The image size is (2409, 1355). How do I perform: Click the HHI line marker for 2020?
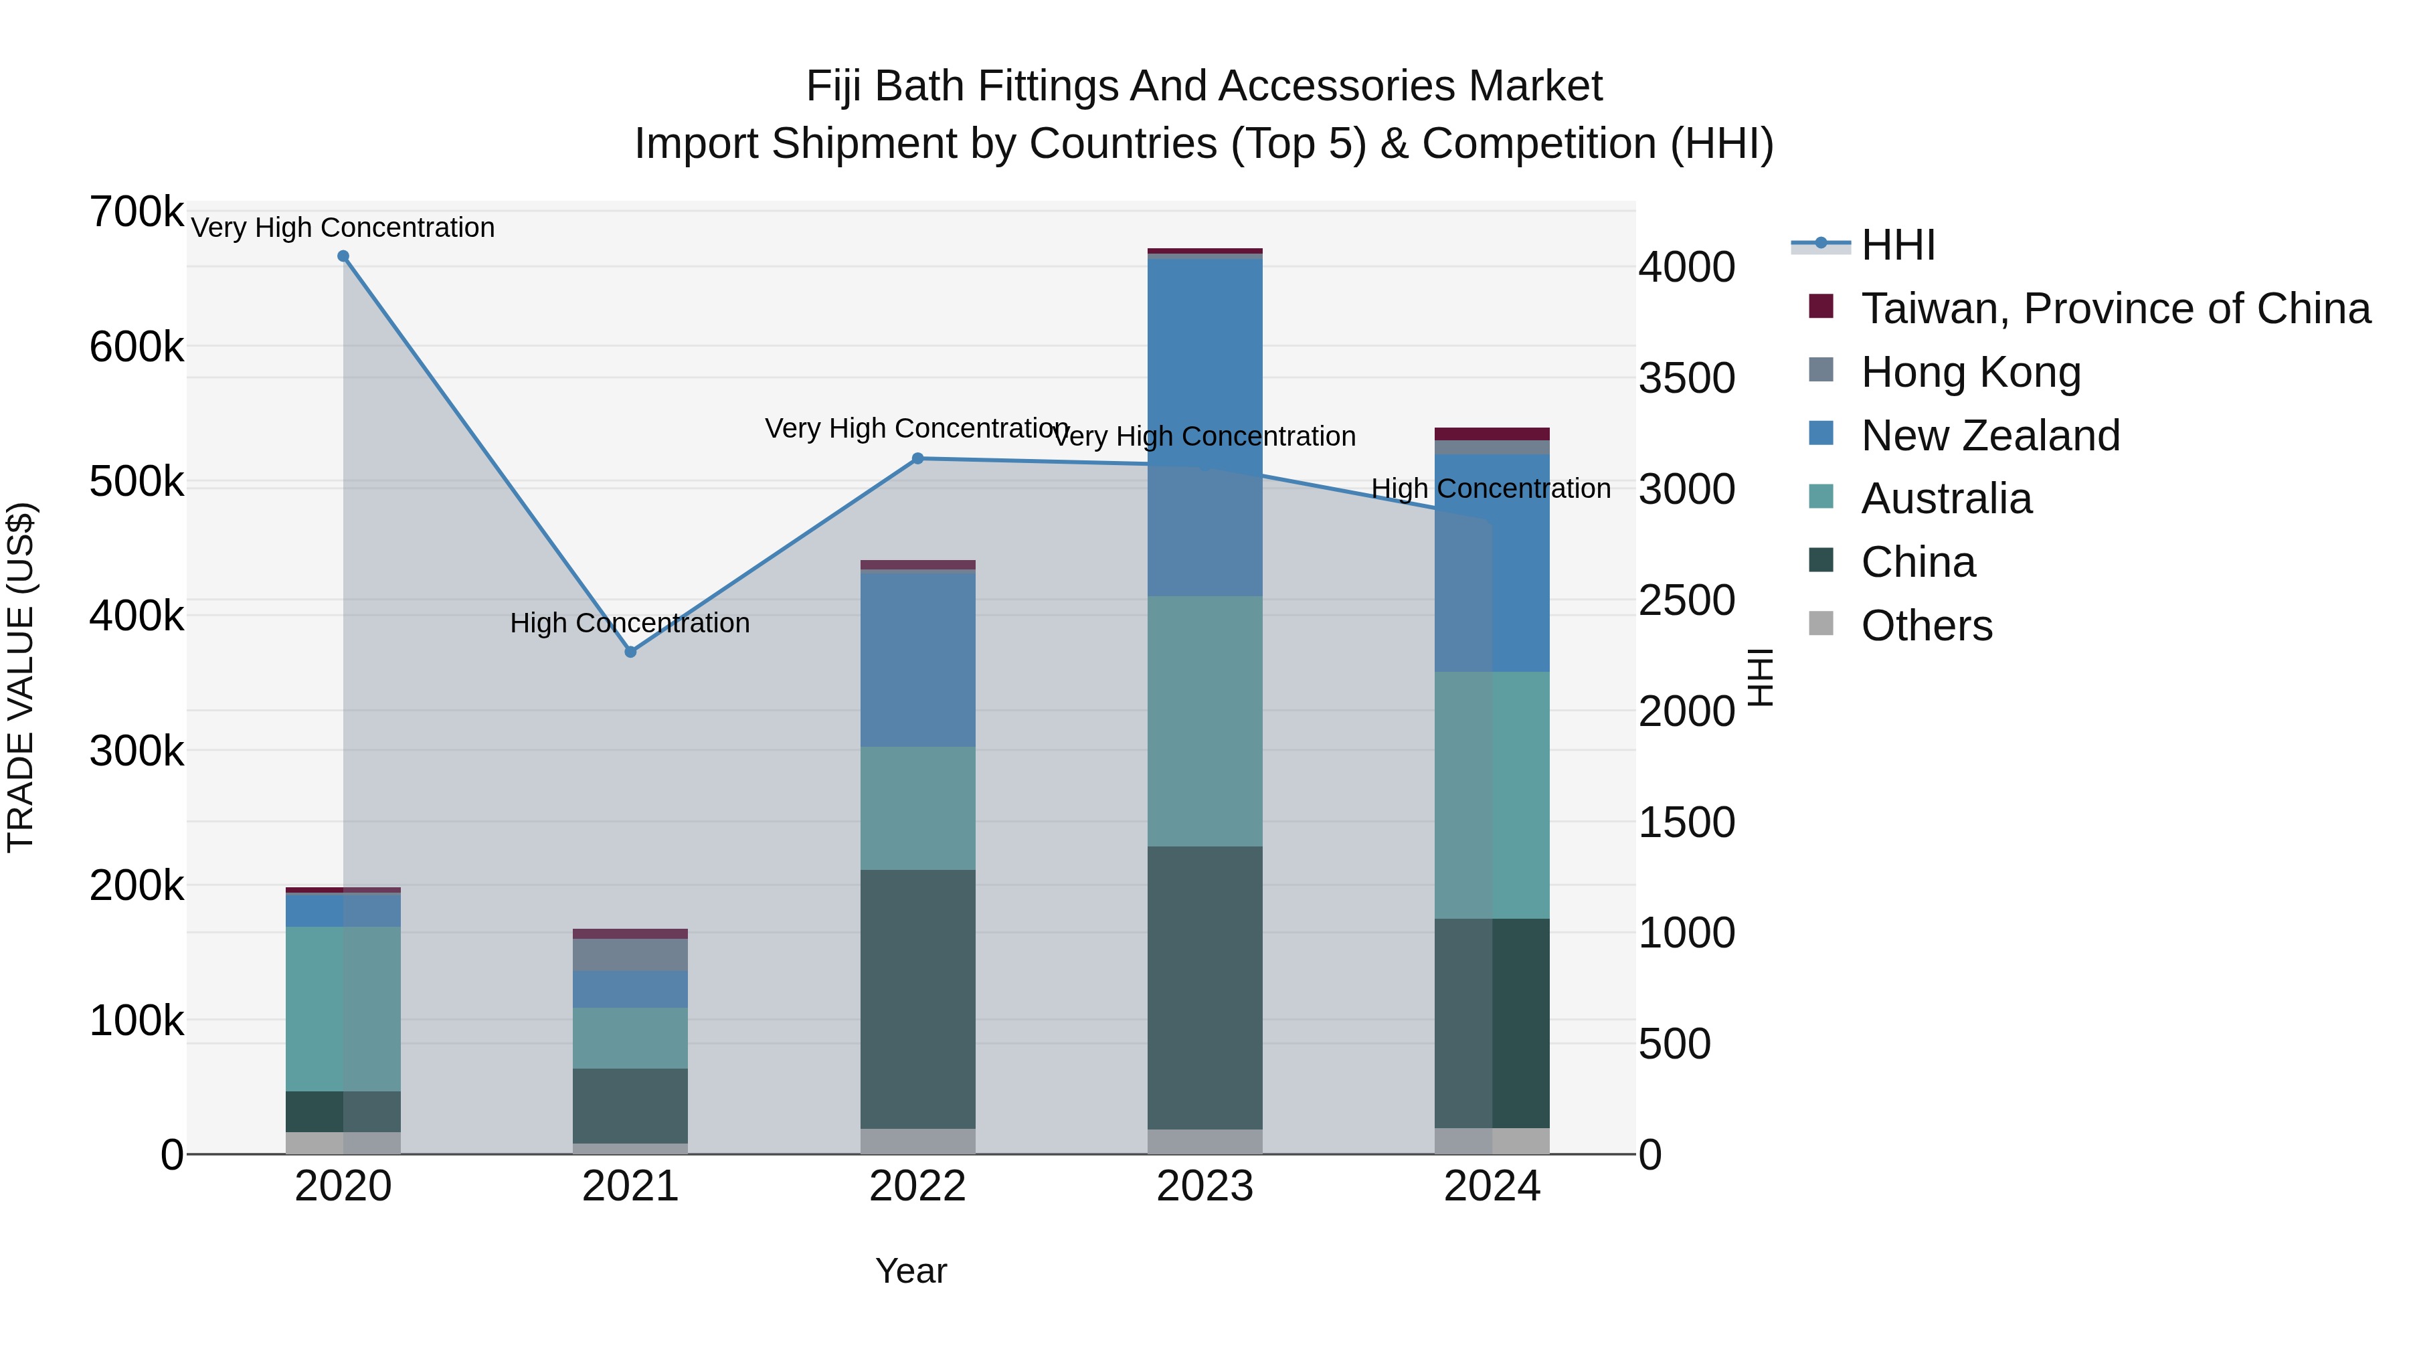pyautogui.click(x=343, y=256)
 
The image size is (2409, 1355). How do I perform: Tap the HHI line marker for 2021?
pyautogui.click(x=630, y=652)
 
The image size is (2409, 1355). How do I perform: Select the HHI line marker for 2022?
pyautogui.click(x=917, y=458)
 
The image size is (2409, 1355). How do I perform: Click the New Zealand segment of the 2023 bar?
pyautogui.click(x=1204, y=426)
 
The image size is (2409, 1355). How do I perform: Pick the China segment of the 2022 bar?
pyautogui.click(x=917, y=999)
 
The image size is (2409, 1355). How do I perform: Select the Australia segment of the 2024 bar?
pyautogui.click(x=1492, y=795)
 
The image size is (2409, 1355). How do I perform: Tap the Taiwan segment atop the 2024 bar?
pyautogui.click(x=1492, y=434)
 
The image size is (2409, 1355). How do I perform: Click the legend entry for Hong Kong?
pyautogui.click(x=1971, y=372)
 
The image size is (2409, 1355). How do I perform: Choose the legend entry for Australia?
pyautogui.click(x=1946, y=499)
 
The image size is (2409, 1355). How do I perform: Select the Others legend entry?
pyautogui.click(x=1927, y=626)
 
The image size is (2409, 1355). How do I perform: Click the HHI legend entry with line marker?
pyautogui.click(x=1898, y=245)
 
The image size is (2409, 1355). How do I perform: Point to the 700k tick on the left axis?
pyautogui.click(x=137, y=212)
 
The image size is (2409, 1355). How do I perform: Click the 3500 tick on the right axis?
pyautogui.click(x=1686, y=379)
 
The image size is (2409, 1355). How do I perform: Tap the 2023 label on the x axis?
pyautogui.click(x=1204, y=1186)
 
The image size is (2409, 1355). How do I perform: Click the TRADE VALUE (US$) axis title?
pyautogui.click(x=21, y=677)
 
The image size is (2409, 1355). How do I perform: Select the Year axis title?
pyautogui.click(x=911, y=1271)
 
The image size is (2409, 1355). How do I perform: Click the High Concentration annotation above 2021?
pyautogui.click(x=630, y=623)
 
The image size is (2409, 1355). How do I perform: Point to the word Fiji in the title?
pyautogui.click(x=832, y=86)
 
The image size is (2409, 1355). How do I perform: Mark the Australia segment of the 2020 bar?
pyautogui.click(x=343, y=1008)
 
